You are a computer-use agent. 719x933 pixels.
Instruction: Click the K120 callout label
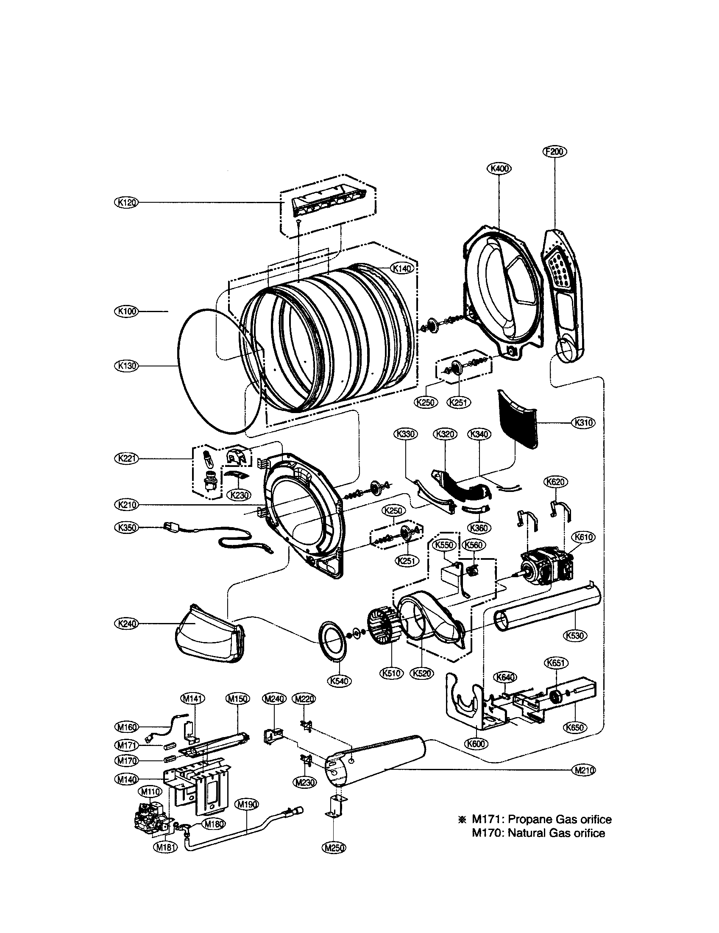126,202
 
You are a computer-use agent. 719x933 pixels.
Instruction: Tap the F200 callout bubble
555,151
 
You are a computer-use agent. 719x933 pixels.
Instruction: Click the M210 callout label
583,770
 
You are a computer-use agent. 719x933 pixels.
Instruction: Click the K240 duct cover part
207,635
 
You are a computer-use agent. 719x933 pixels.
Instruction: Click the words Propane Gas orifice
560,819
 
